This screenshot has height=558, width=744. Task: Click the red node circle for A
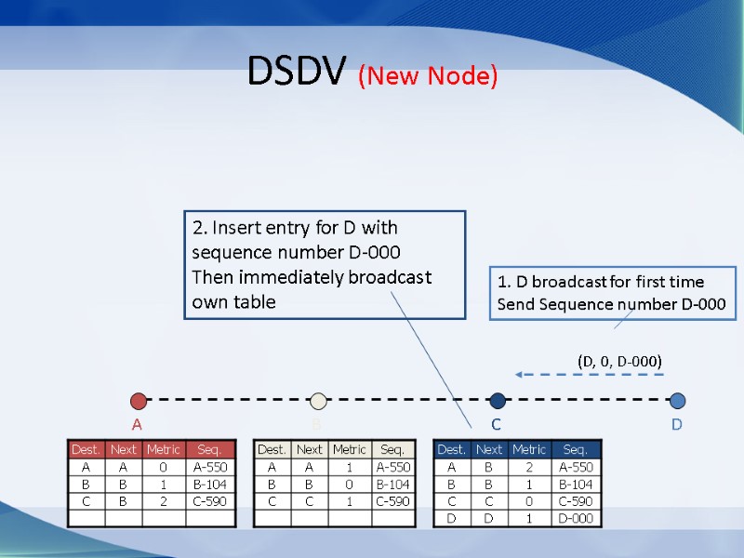pos(139,401)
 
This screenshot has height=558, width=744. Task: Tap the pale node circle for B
pos(319,401)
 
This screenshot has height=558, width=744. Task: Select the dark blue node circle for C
pos(498,401)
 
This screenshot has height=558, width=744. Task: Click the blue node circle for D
pos(677,401)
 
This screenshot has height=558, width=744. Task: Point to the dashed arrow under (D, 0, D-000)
pos(590,375)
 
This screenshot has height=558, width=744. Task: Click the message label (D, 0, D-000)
pos(619,360)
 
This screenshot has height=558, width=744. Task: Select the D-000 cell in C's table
pos(577,518)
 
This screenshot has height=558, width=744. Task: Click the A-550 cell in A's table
pos(209,468)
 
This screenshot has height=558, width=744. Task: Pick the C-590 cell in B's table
pos(392,501)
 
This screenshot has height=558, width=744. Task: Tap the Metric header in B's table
pos(349,450)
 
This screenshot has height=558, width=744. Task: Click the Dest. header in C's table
pos(452,450)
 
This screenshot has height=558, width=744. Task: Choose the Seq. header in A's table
pos(209,450)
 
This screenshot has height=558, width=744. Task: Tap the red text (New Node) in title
pos(428,75)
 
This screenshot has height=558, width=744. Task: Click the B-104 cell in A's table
pos(209,485)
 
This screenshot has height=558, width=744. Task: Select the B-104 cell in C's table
pos(577,485)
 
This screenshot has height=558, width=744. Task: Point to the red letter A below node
pos(137,425)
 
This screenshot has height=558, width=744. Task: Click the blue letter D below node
pos(677,425)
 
